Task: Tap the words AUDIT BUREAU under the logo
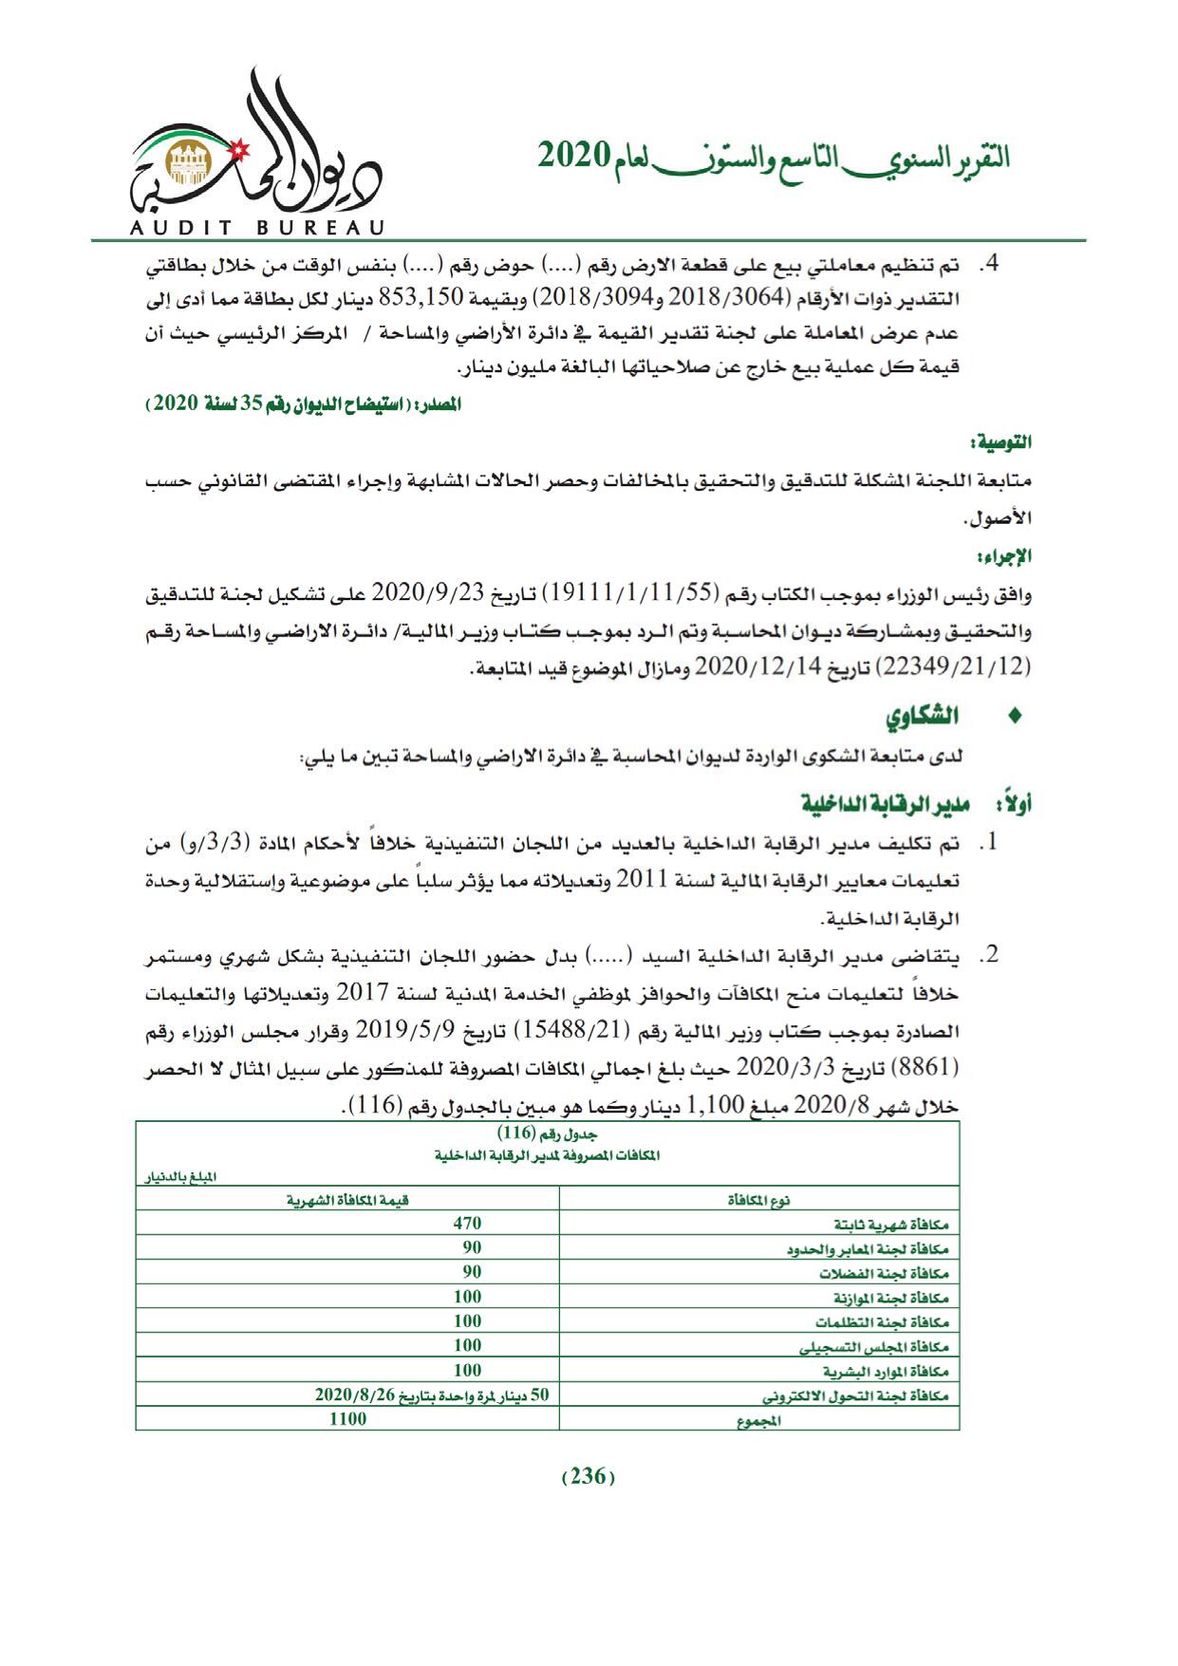point(254,228)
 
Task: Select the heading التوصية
point(1005,442)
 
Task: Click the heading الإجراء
point(1010,555)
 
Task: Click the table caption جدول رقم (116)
point(548,1134)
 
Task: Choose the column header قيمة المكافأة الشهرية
point(347,1200)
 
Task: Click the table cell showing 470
point(467,1224)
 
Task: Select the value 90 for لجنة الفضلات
point(472,1272)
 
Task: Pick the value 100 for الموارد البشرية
point(467,1370)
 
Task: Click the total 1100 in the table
point(347,1419)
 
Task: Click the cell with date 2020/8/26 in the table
point(432,1395)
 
